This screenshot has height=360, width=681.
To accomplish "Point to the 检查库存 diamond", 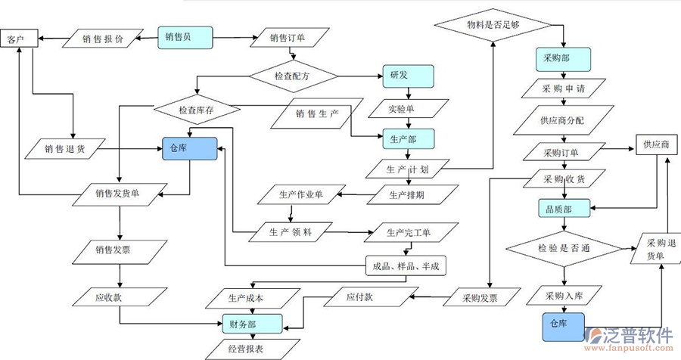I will click(x=197, y=110).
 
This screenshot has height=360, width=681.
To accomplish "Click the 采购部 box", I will click(x=561, y=57).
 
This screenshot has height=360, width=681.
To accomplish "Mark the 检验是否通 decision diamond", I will click(x=563, y=249).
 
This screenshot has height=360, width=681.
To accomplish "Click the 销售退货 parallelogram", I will click(x=65, y=148).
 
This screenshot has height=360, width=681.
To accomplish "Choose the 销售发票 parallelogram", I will click(x=119, y=249).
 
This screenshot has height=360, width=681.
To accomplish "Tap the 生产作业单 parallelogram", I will click(x=300, y=195).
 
